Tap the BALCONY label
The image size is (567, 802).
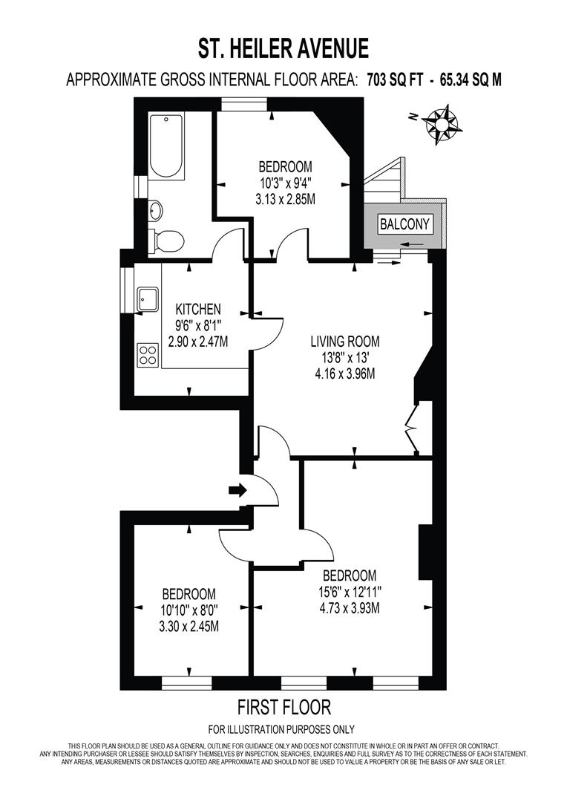coord(405,224)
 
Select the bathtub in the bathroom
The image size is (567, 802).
coord(166,146)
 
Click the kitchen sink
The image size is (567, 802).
coord(147,299)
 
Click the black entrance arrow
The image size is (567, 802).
coord(238,489)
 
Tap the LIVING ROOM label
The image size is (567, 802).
coord(344,342)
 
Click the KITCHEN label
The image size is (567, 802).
coord(198,309)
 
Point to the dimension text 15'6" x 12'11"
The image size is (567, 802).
coord(350,592)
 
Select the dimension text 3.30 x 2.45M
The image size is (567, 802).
coord(189,627)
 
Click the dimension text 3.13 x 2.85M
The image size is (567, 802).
coord(286,199)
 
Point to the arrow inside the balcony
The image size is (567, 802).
coord(416,244)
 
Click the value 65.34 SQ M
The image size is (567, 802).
coord(460,79)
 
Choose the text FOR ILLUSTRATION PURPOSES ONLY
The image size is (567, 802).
coord(281,728)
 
